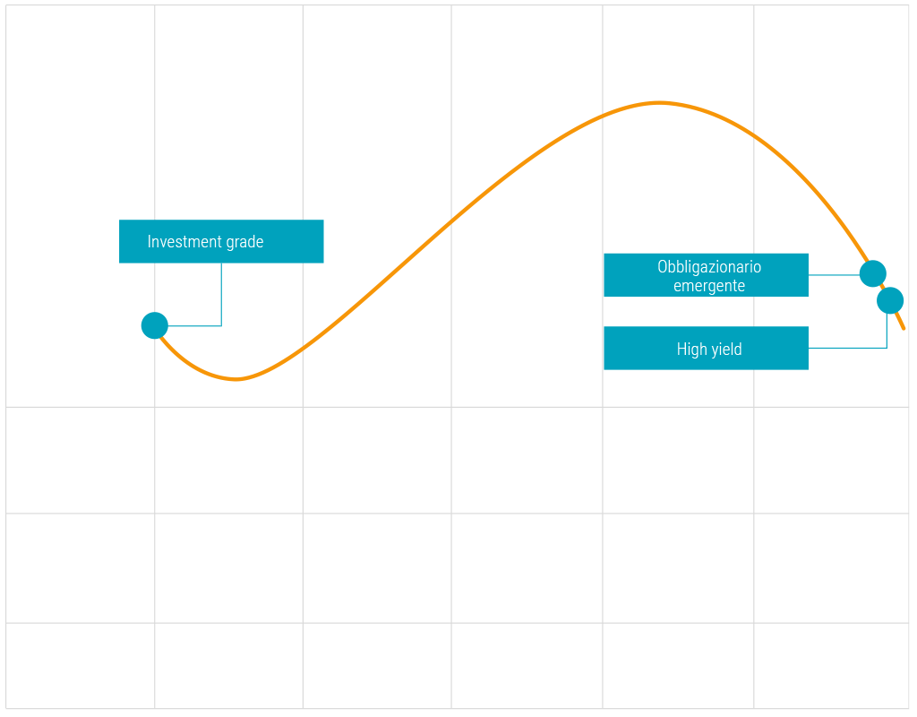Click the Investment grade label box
[221, 241]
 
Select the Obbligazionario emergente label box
[706, 275]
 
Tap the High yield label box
[706, 349]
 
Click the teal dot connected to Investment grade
[155, 325]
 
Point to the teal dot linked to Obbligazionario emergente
[872, 273]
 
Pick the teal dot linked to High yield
[890, 300]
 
